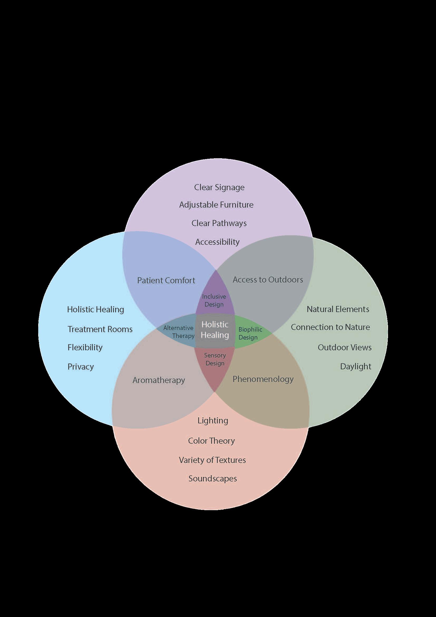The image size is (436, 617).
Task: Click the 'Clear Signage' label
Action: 219,187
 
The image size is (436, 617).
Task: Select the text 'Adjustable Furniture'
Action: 216,205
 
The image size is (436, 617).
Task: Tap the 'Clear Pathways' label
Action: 219,223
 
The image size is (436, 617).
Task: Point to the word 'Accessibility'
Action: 217,242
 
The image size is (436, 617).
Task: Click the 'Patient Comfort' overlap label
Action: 166,280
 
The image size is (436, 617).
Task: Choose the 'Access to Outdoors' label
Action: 268,279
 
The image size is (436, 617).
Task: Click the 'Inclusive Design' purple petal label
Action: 214,300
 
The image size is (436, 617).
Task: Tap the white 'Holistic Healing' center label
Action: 215,330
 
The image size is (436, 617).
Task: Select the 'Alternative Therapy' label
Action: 179,332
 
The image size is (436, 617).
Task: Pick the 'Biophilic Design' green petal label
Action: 250,333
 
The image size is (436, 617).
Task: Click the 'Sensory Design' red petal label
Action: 215,359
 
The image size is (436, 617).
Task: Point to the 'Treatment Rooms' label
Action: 100,329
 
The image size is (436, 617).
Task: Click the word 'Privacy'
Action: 81,367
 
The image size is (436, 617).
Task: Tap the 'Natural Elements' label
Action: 338,309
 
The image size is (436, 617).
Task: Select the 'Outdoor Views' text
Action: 345,347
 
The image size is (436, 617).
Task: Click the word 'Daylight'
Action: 355,367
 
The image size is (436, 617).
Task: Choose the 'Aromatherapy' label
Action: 159,380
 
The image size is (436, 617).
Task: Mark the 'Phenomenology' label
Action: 263,379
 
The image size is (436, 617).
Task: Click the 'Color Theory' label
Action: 211,441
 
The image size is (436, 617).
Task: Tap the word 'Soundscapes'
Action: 213,479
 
